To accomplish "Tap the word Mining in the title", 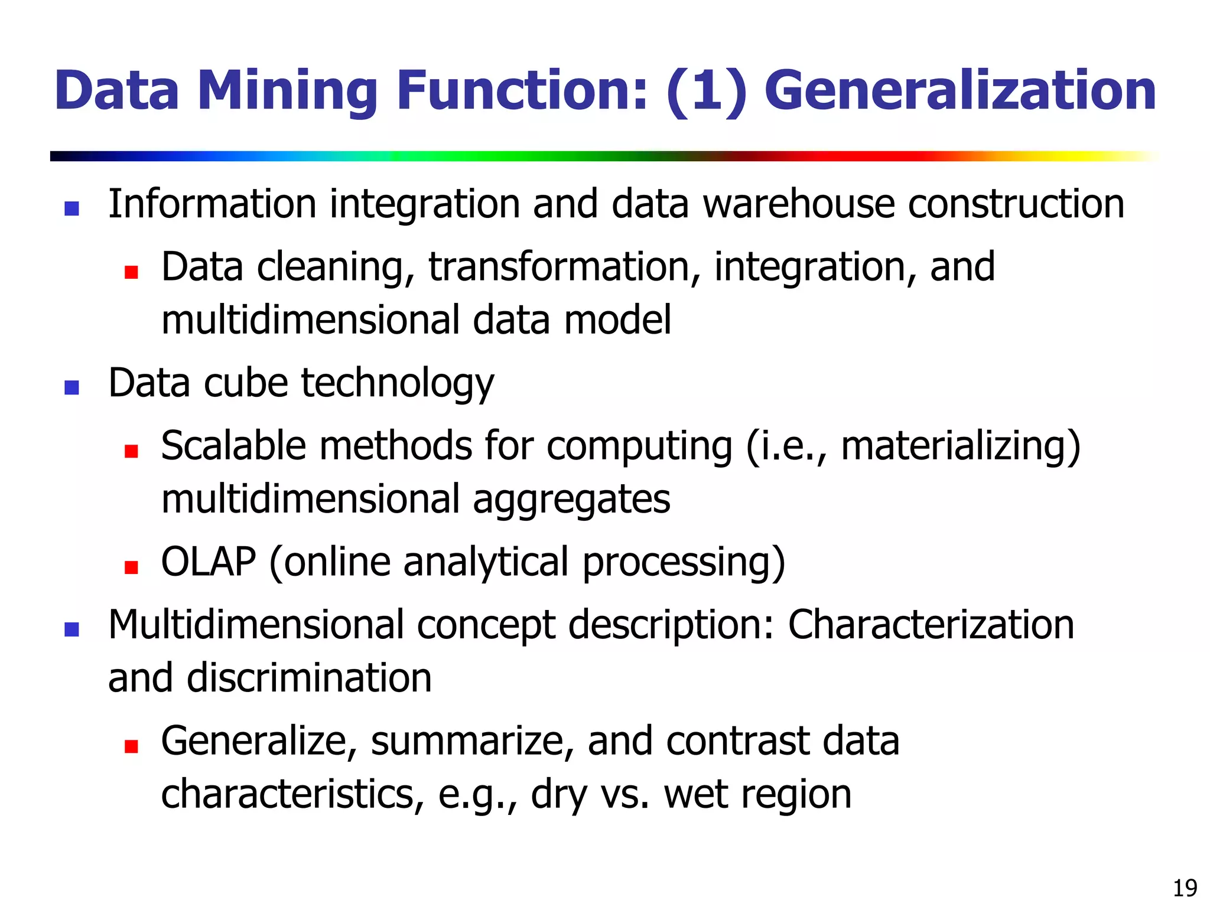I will pyautogui.click(x=287, y=92).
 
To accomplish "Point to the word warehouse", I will pyautogui.click(x=798, y=204).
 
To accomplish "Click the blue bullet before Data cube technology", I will pyautogui.click(x=71, y=387).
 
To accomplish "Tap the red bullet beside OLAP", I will pyautogui.click(x=131, y=567).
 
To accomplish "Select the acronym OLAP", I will pyautogui.click(x=209, y=562).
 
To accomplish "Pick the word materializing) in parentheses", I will pyautogui.click(x=960, y=446).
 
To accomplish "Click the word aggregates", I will pyautogui.click(x=571, y=500).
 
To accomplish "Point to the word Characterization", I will pyautogui.click(x=931, y=625).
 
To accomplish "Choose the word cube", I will pyautogui.click(x=246, y=383).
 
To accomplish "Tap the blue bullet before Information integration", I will pyautogui.click(x=71, y=208).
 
